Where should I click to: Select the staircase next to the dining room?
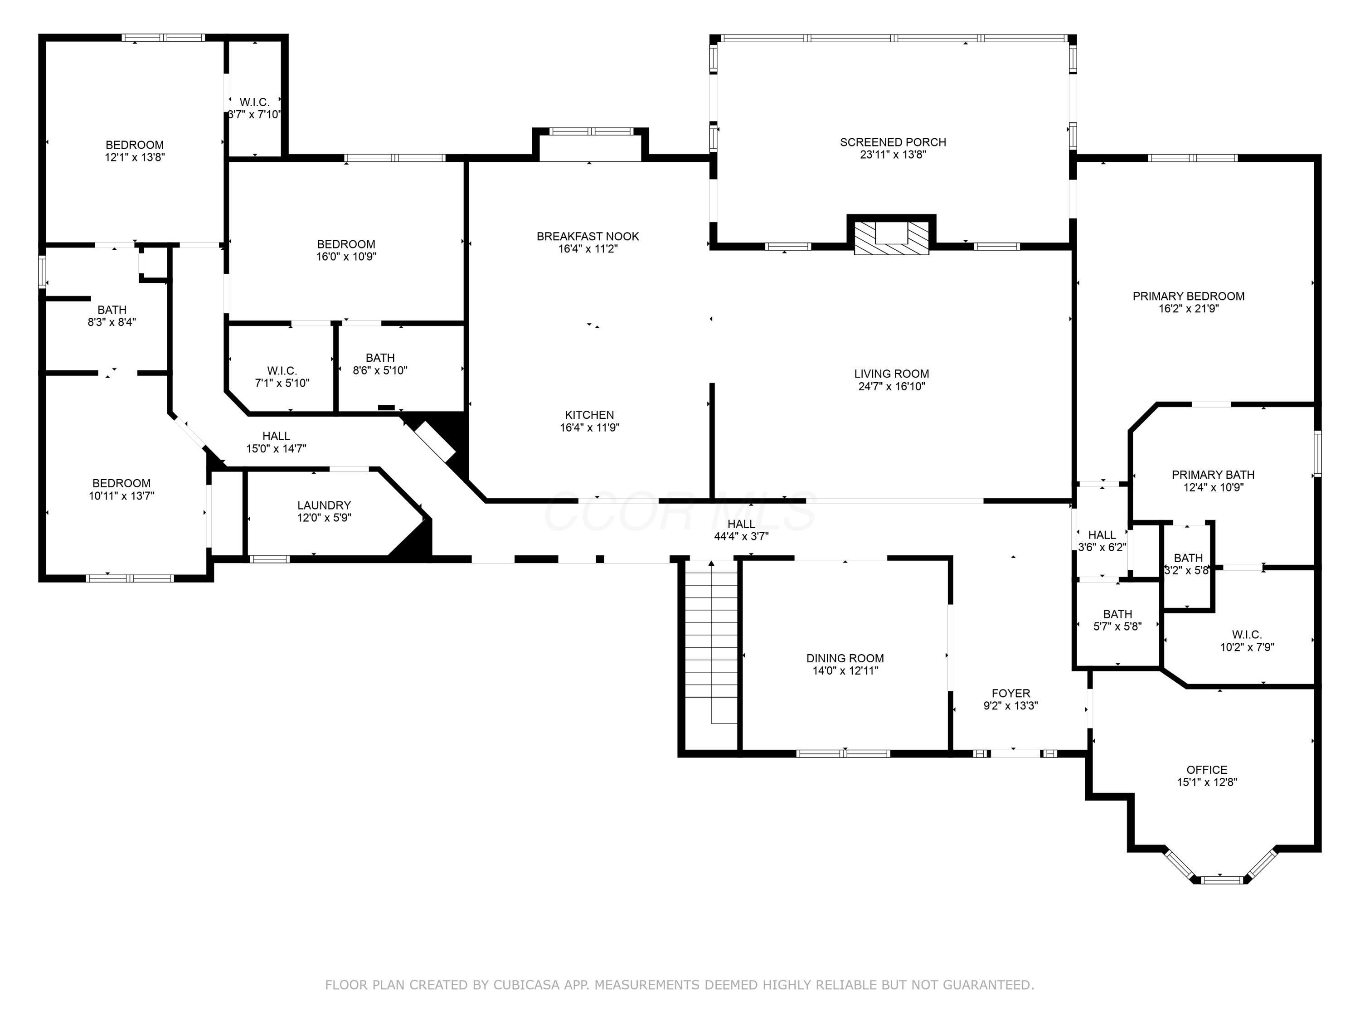coord(711,642)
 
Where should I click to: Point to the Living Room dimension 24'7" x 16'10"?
coord(892,387)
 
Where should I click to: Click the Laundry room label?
coord(324,505)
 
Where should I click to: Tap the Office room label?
coord(1207,770)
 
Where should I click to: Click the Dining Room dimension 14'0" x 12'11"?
coord(845,671)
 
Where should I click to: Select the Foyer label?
coord(1011,694)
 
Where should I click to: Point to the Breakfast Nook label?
coord(588,237)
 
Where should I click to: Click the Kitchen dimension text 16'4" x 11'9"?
coord(590,428)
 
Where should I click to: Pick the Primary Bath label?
coord(1213,475)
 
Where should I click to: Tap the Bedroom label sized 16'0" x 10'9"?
coord(346,244)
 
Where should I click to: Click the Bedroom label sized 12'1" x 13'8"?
coord(135,145)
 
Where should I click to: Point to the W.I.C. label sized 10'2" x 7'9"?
coord(1247,635)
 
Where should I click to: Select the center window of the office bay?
coord(1222,880)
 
